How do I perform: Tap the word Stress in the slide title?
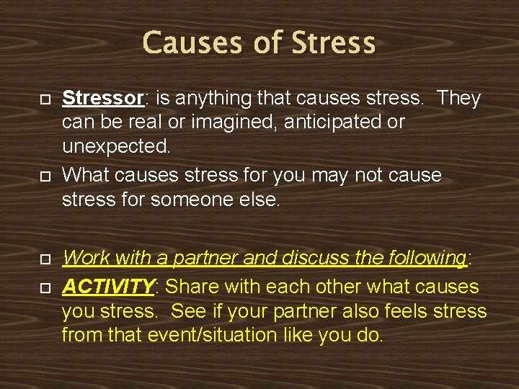pos(333,43)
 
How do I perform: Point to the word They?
pos(458,98)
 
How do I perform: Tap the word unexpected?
pos(116,147)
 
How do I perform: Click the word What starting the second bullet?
pos(88,176)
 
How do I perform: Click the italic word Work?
pos(86,257)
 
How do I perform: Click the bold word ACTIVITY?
pos(108,287)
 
